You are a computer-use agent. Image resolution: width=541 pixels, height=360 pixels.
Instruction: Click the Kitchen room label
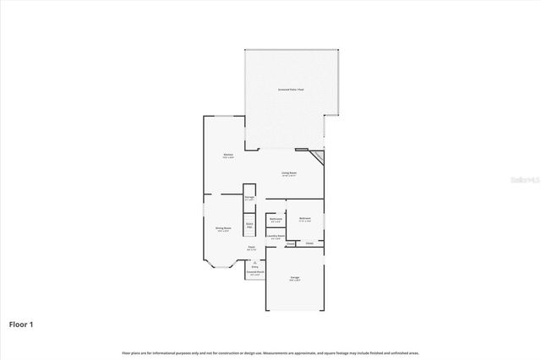coord(227,155)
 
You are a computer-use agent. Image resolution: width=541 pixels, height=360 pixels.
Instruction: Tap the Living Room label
coord(289,172)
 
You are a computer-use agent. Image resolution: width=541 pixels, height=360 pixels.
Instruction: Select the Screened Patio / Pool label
coord(291,89)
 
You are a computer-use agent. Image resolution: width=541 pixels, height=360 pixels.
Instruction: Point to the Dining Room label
coord(222,227)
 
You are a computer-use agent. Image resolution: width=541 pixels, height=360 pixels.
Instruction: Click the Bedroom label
coord(304,218)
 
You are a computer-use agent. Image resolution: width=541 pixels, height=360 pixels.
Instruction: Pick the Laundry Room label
coord(276,236)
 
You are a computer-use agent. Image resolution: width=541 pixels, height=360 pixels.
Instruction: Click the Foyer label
coord(251,248)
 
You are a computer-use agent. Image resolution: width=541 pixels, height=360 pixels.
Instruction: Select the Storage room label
coord(249,197)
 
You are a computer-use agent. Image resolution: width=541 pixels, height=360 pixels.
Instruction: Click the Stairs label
coord(249,225)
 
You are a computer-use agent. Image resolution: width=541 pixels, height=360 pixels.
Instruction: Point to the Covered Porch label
coord(255,272)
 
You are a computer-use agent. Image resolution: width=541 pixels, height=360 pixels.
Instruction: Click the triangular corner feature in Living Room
coord(318,158)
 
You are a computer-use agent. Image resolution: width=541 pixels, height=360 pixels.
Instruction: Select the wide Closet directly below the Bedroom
coord(309,243)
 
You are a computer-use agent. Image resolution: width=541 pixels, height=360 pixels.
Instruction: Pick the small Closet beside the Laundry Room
coord(290,243)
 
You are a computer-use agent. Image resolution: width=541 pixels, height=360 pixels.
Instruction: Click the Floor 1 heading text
coord(22,324)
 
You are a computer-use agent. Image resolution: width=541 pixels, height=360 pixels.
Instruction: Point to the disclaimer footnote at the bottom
coord(270,352)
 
